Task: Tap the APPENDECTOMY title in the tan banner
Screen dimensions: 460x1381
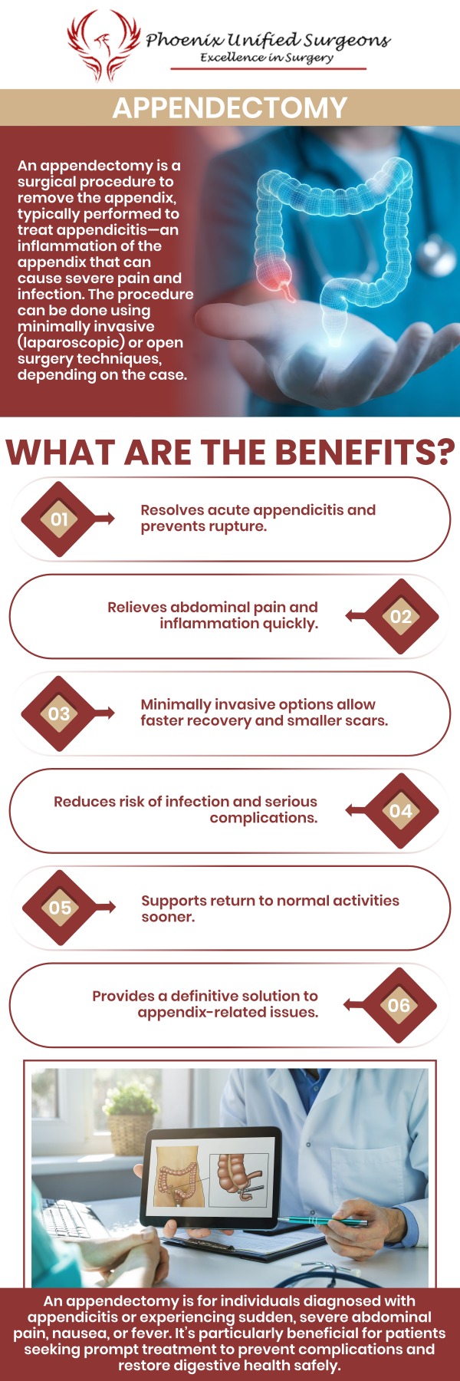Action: coord(230,107)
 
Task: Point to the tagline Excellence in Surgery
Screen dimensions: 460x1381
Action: coord(267,58)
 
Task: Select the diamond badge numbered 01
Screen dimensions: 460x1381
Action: coord(59,519)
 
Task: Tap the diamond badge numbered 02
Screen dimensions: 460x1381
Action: coord(400,617)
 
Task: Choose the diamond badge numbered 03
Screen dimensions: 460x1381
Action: coord(59,714)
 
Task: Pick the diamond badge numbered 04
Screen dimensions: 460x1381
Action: coord(400,811)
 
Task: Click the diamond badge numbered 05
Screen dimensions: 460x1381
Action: coord(59,908)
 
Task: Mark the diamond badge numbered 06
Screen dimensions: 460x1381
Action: coord(399,1005)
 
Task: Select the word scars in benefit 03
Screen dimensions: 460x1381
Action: coord(364,721)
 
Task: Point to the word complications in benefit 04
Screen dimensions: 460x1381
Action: coord(263,819)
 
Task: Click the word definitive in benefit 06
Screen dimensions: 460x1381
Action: coord(205,996)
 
